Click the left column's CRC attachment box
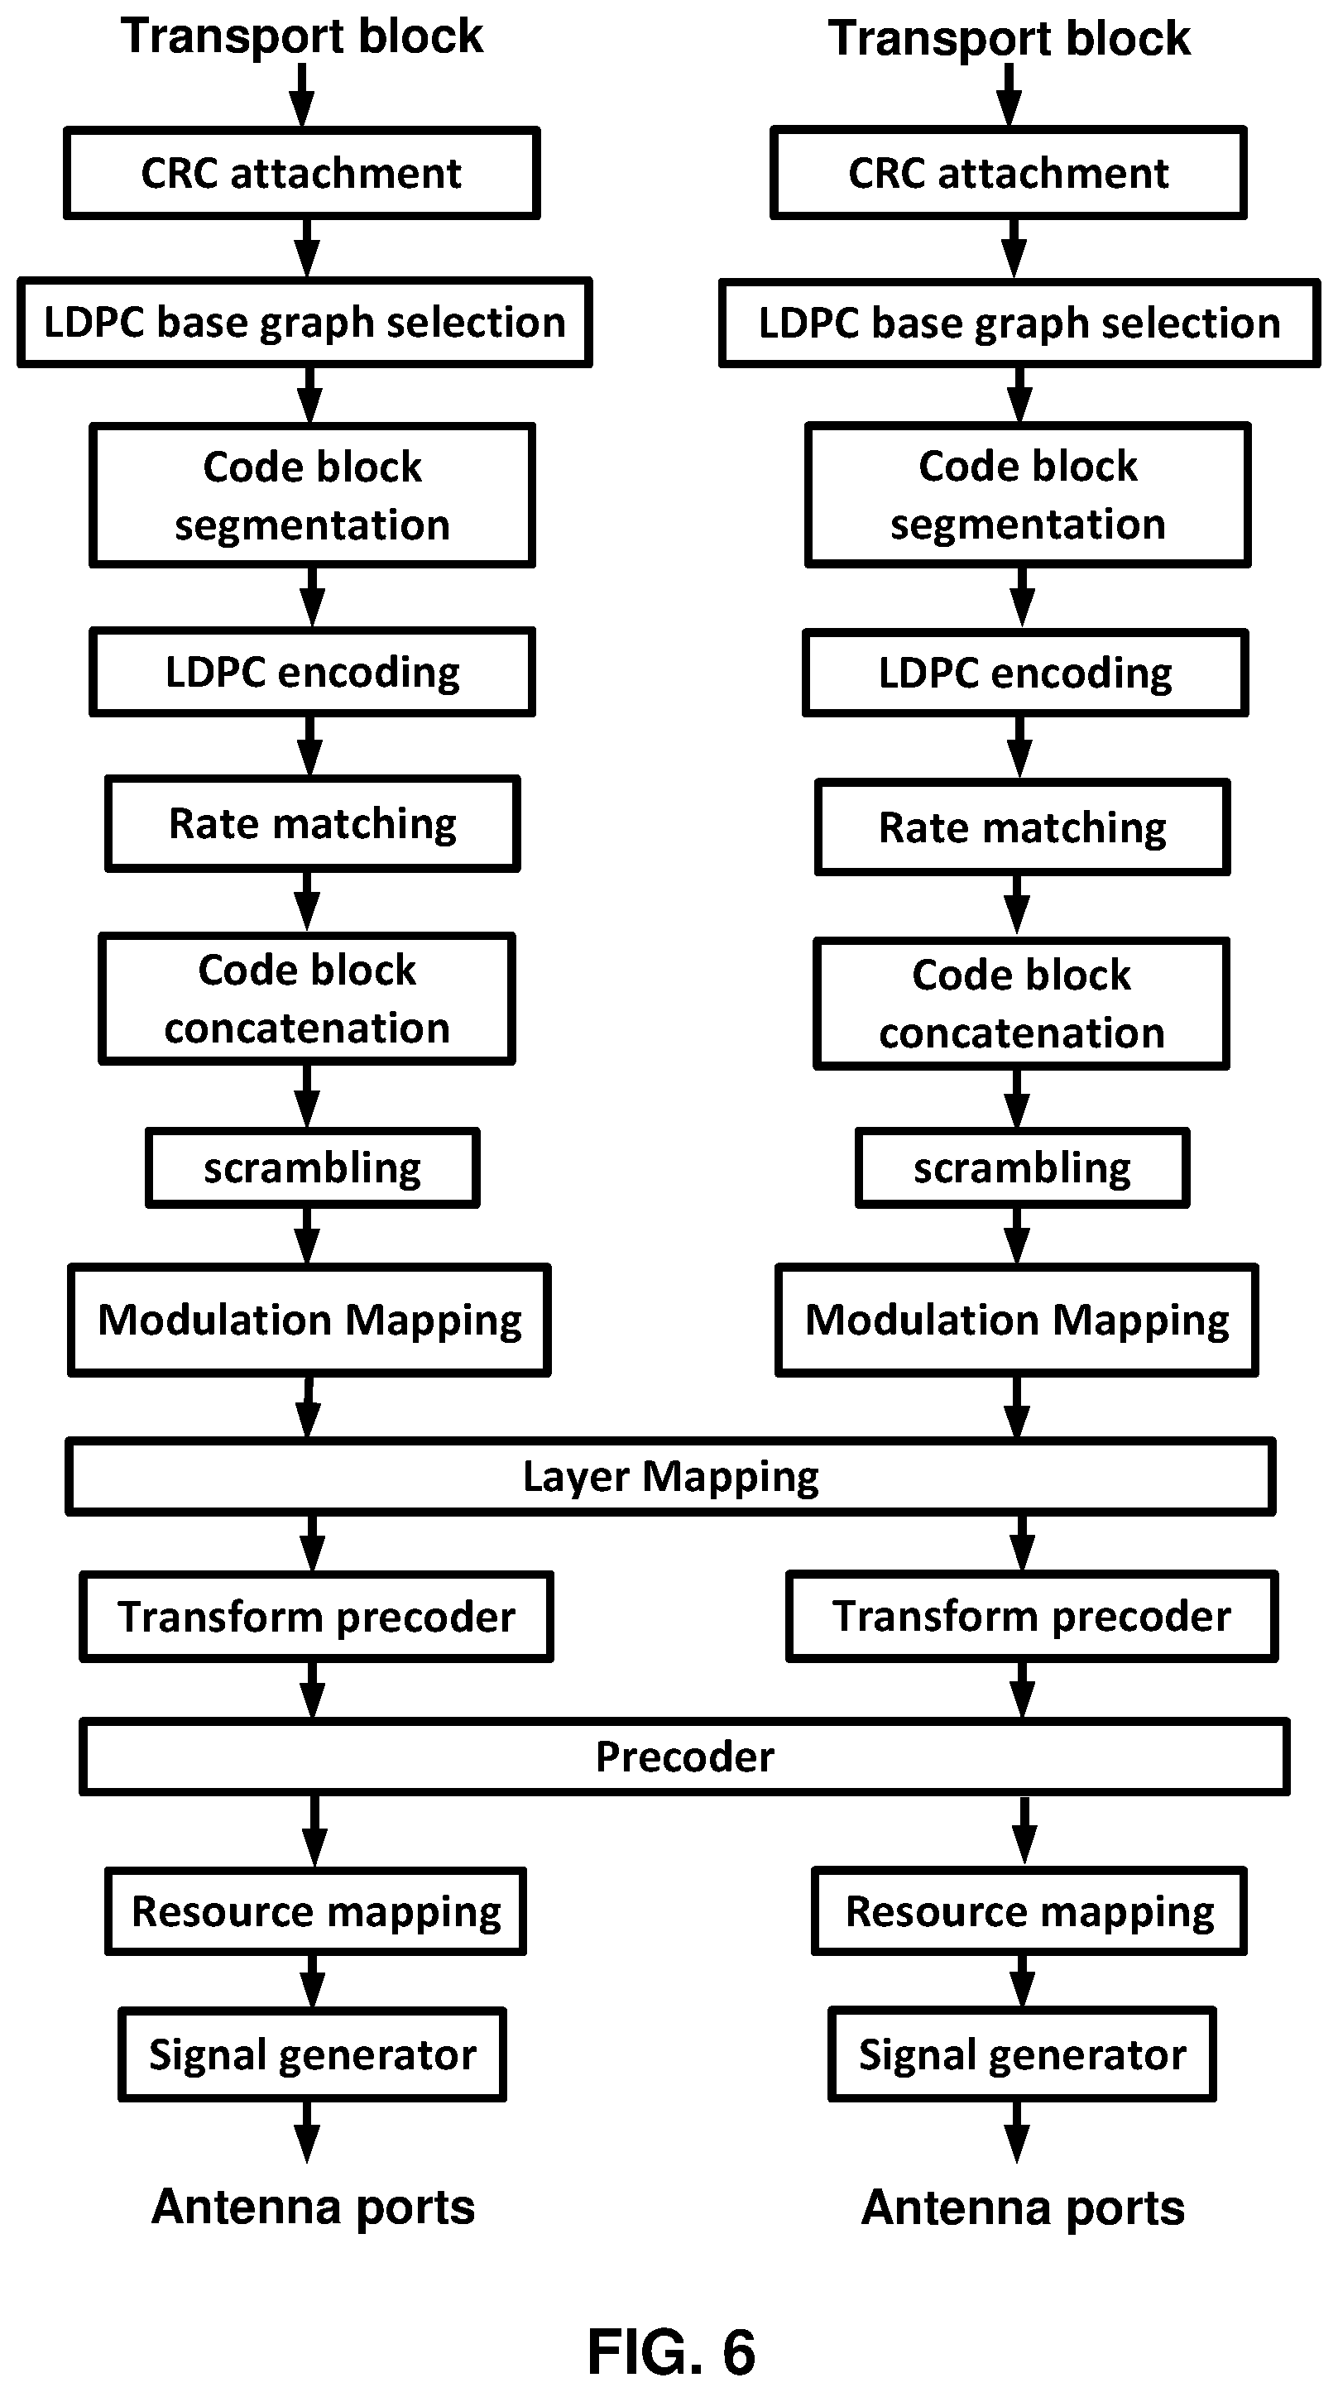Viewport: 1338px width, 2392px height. click(x=302, y=174)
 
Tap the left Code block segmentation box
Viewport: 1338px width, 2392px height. click(x=312, y=495)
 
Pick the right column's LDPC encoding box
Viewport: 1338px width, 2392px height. click(x=1025, y=673)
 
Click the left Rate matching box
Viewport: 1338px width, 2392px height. click(x=312, y=823)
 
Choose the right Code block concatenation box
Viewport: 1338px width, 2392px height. click(x=1021, y=1004)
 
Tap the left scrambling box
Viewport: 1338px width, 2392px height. click(x=312, y=1168)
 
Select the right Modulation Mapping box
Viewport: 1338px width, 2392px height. click(x=1017, y=1320)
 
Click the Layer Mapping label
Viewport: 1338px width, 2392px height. click(x=670, y=1476)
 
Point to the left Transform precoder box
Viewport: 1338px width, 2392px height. click(x=316, y=1617)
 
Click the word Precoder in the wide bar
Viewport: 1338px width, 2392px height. click(x=684, y=1757)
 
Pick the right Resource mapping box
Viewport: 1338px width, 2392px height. click(x=1029, y=1912)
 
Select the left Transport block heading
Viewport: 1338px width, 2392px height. click(x=302, y=37)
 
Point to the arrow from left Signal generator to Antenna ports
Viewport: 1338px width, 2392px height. click(x=307, y=2132)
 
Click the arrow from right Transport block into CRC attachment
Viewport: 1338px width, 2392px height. click(x=1009, y=94)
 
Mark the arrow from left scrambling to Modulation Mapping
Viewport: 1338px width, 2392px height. click(x=307, y=1236)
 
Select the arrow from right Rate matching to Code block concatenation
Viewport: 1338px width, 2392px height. click(x=1018, y=905)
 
